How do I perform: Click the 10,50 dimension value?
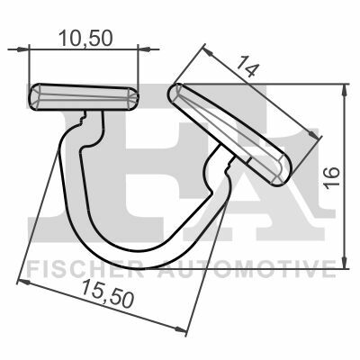pos(85,39)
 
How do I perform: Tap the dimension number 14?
pos(247,67)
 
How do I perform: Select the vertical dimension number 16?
pos(332,176)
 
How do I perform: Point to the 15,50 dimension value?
pos(107,293)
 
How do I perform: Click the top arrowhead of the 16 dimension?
pos(345,90)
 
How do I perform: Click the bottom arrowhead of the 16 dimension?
pos(345,262)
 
